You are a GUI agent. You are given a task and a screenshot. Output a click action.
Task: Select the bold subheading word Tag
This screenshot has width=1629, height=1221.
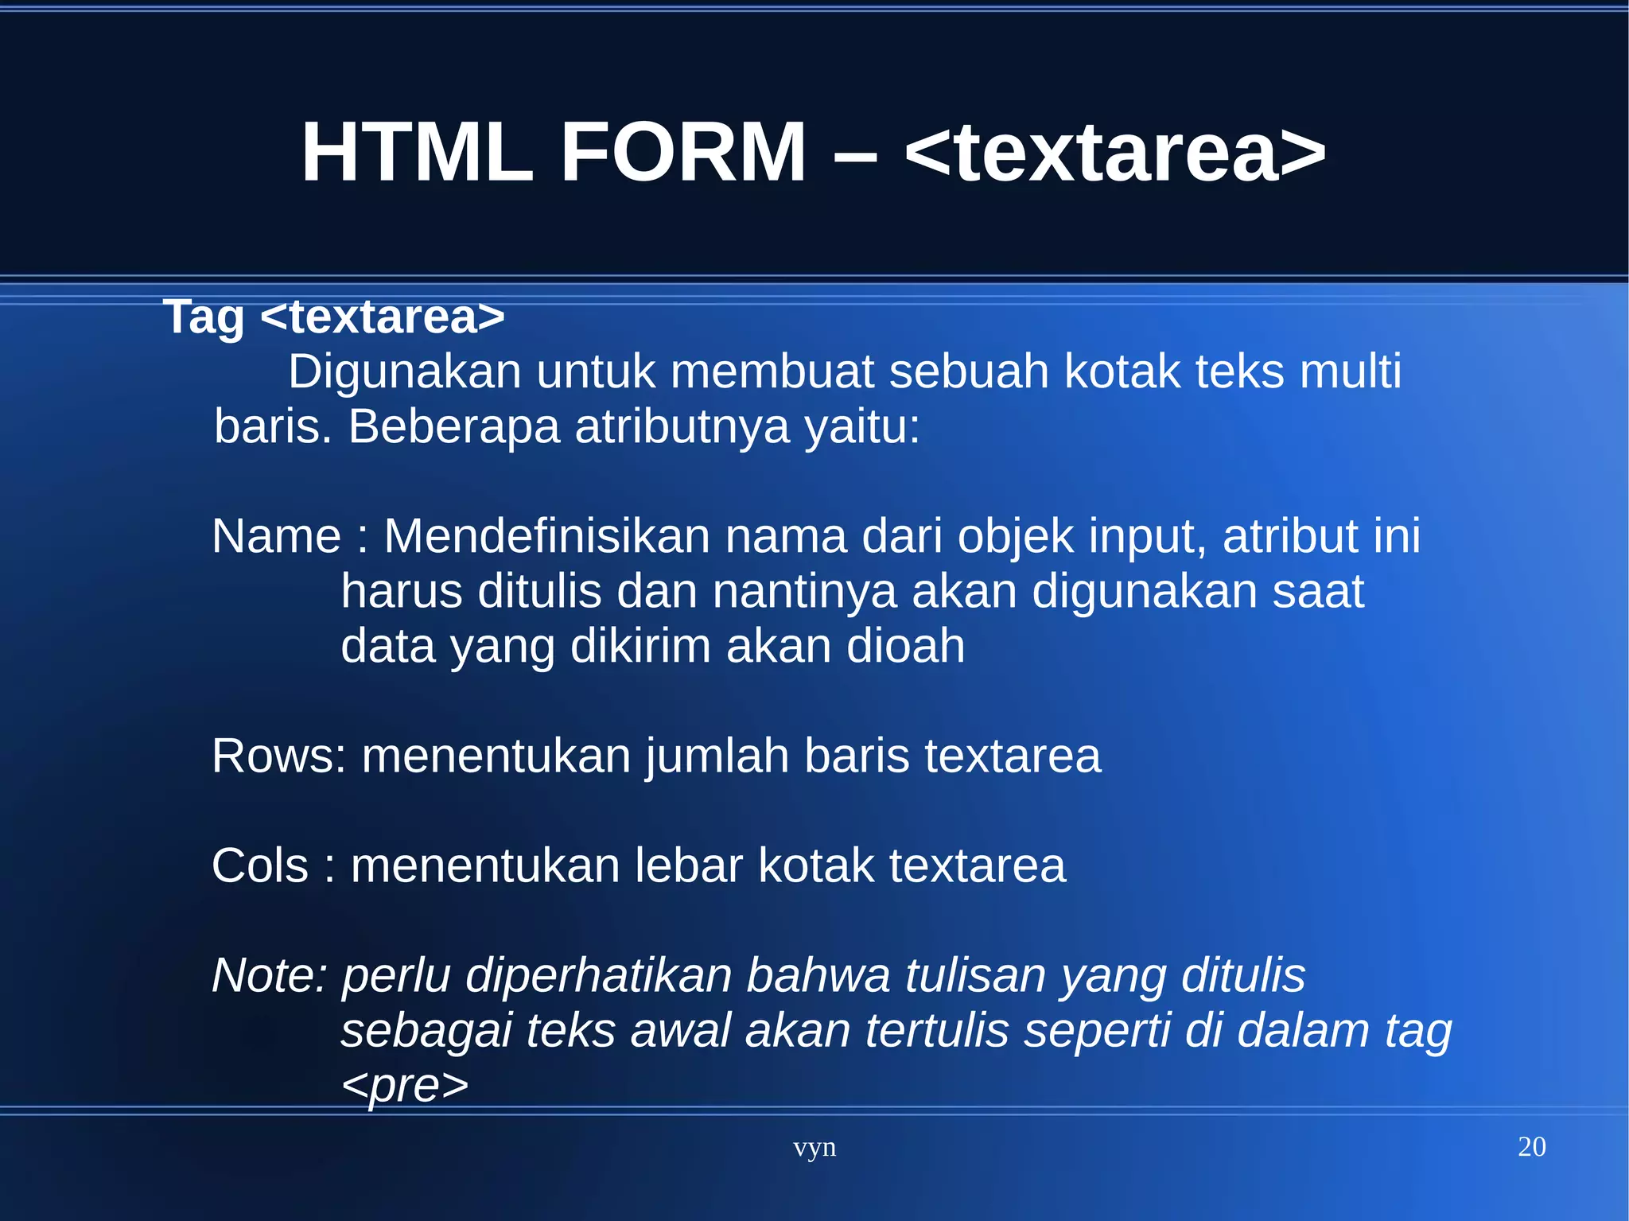tap(204, 317)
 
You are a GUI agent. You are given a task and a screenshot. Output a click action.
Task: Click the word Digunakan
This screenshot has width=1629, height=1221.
tap(404, 372)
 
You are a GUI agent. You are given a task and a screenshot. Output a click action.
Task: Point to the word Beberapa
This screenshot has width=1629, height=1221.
tap(453, 427)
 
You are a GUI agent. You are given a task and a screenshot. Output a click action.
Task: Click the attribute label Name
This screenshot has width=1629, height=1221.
tap(276, 536)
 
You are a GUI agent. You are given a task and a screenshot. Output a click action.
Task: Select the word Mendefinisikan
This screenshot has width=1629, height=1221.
tap(546, 536)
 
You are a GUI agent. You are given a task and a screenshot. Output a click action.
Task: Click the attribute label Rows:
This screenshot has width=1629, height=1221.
tap(279, 756)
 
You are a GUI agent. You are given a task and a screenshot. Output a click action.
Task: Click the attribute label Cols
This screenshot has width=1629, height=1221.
tap(259, 865)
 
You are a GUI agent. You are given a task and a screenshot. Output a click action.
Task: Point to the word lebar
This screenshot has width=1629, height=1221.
tap(688, 865)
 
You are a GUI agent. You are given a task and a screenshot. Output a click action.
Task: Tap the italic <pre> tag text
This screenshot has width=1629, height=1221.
tap(405, 1085)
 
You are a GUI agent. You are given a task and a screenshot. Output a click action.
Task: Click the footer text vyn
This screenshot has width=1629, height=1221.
tap(814, 1147)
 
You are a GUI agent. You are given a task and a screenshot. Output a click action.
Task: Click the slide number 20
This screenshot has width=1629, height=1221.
tap(1531, 1146)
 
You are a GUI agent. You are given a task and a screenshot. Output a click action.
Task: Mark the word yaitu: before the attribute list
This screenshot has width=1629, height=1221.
tap(861, 427)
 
